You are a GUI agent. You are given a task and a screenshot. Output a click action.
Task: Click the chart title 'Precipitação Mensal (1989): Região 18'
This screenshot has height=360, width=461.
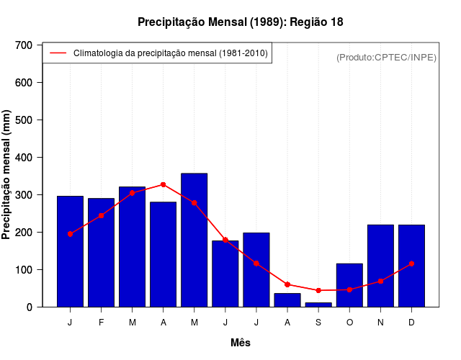240,22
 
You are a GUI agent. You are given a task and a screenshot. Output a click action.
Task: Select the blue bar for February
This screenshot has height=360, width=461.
102,252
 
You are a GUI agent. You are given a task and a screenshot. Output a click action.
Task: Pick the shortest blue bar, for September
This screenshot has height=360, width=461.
318,305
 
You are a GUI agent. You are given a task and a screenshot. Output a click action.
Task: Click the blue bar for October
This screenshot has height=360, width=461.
349,285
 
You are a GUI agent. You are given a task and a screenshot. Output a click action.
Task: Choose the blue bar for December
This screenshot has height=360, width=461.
411,266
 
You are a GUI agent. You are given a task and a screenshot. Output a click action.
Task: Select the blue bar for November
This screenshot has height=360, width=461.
380,266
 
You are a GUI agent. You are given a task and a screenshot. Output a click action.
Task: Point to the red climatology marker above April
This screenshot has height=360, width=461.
164,185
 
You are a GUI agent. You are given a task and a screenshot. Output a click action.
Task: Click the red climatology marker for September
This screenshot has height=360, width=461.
318,290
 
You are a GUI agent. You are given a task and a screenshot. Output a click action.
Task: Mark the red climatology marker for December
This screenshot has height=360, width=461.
411,264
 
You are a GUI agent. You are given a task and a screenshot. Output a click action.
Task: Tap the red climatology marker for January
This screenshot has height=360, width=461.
70,234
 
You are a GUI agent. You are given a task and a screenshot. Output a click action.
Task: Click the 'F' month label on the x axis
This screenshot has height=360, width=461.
102,323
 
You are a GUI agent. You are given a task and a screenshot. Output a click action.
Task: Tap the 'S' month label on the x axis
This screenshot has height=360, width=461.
318,323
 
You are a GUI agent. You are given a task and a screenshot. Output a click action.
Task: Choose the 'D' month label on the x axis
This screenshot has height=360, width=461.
411,323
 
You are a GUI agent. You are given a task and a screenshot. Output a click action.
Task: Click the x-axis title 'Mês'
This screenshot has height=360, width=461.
241,343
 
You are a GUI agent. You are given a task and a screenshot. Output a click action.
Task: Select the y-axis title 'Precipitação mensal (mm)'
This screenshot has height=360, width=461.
7,176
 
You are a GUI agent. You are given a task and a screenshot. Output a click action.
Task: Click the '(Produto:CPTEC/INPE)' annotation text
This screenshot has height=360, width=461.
386,57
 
